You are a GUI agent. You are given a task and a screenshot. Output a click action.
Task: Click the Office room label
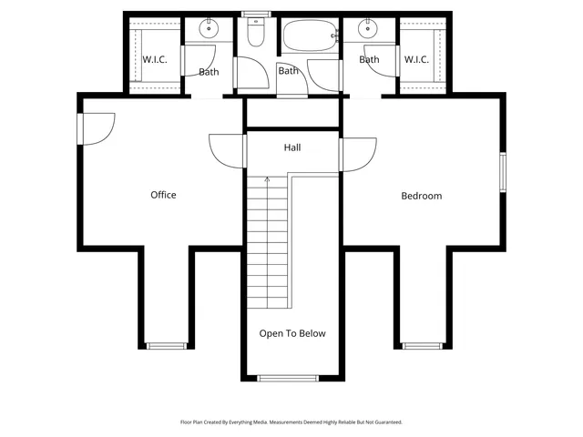click(x=163, y=195)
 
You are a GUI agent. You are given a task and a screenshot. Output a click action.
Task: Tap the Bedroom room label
click(x=422, y=196)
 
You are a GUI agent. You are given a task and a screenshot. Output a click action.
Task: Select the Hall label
click(x=292, y=147)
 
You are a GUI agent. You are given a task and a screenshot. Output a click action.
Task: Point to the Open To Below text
click(x=292, y=334)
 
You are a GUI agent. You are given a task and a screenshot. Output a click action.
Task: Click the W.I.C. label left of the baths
click(x=154, y=60)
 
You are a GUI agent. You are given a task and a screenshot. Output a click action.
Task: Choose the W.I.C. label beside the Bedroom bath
click(x=416, y=60)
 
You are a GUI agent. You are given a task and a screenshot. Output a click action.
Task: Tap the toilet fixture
click(x=256, y=35)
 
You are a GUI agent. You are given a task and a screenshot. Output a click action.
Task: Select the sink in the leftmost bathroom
click(x=210, y=29)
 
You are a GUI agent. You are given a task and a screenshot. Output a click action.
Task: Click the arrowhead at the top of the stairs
click(x=268, y=180)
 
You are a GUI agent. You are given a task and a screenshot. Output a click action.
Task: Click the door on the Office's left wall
click(x=96, y=127)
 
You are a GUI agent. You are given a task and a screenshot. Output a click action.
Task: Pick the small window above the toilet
click(x=255, y=13)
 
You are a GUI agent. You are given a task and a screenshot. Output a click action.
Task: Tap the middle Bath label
click(x=289, y=71)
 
